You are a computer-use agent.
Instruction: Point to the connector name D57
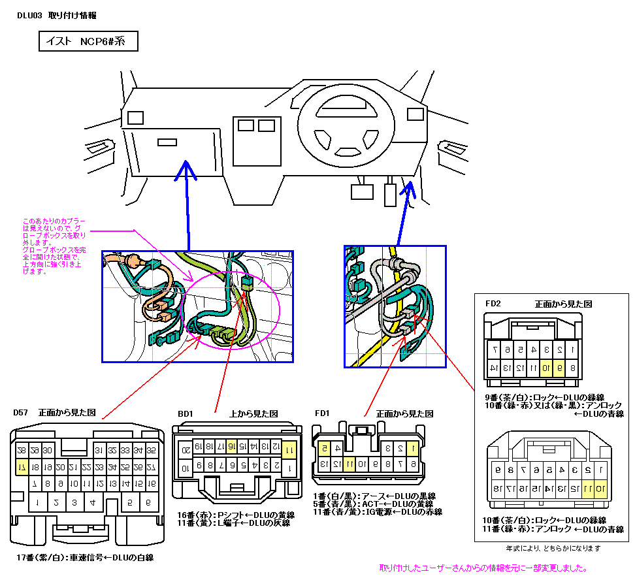(21, 413)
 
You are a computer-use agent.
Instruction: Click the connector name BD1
(186, 414)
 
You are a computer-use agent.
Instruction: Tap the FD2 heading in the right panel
(493, 304)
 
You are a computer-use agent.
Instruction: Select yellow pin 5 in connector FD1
(323, 448)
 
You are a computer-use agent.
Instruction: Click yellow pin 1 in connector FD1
(412, 448)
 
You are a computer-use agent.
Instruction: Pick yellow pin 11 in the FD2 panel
(587, 488)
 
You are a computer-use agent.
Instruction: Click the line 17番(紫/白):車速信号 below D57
(85, 558)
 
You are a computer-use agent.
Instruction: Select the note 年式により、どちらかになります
(553, 548)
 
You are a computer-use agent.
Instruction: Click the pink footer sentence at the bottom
(482, 568)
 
